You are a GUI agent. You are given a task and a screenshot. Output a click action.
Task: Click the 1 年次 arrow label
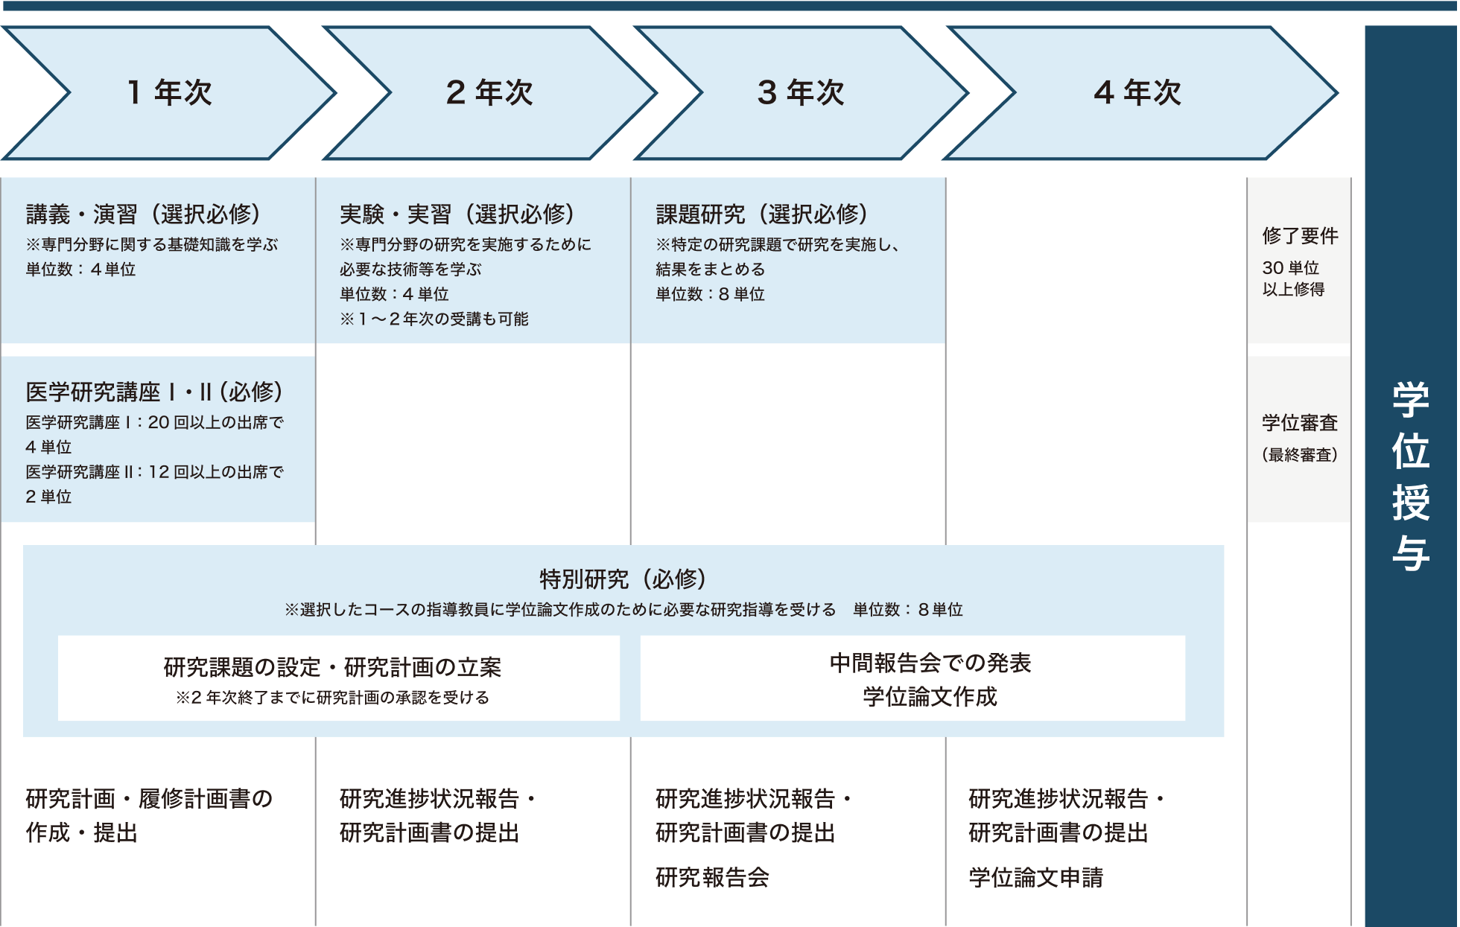click(170, 93)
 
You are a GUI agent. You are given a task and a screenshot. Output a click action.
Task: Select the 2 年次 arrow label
click(489, 93)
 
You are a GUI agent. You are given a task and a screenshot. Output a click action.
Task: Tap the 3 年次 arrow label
click(801, 93)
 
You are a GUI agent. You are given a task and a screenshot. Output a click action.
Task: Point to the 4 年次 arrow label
click(1137, 93)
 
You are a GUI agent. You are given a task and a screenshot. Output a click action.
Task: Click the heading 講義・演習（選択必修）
click(144, 214)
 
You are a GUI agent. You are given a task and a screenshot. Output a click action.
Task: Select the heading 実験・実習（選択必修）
click(458, 214)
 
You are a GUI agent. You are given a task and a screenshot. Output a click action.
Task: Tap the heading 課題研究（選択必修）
click(762, 214)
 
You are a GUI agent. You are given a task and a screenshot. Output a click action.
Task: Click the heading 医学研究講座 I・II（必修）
click(154, 392)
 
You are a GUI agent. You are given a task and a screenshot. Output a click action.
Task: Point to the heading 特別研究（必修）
click(623, 579)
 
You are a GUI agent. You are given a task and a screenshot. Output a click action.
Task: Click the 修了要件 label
click(1300, 236)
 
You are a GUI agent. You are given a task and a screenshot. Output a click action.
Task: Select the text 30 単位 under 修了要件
click(1290, 267)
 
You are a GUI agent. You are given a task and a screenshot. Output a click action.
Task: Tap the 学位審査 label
click(1300, 423)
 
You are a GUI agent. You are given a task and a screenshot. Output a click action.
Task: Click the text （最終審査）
click(1300, 454)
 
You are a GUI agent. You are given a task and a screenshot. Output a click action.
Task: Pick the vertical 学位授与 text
click(1411, 477)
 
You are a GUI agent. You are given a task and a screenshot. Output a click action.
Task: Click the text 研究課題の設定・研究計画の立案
click(332, 667)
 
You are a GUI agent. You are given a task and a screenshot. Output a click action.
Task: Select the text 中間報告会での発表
click(930, 663)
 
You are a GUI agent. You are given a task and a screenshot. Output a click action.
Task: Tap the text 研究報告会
click(712, 877)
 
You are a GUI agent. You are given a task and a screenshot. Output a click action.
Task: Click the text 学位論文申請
click(1035, 877)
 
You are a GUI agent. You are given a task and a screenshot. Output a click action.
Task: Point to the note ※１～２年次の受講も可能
click(434, 319)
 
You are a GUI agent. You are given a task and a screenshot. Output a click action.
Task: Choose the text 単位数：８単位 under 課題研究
click(710, 294)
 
